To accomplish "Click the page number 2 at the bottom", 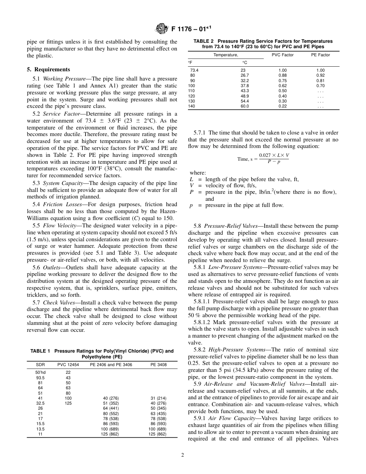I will coord(183,455).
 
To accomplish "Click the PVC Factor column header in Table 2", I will coord(282,55).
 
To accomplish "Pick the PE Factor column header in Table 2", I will coord(321,55).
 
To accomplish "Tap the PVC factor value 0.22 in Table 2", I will coord(282,106).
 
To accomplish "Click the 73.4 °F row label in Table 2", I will coord(194,70).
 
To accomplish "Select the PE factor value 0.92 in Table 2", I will coord(321,75).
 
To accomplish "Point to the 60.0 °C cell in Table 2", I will coord(244,106).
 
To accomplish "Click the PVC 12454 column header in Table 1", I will coord(68,365).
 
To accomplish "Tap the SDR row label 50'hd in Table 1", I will coord(40,373).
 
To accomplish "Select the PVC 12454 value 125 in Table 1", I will coord(68,403).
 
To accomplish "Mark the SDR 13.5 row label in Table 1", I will coord(40,429).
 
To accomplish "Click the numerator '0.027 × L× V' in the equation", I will coord(274,155).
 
